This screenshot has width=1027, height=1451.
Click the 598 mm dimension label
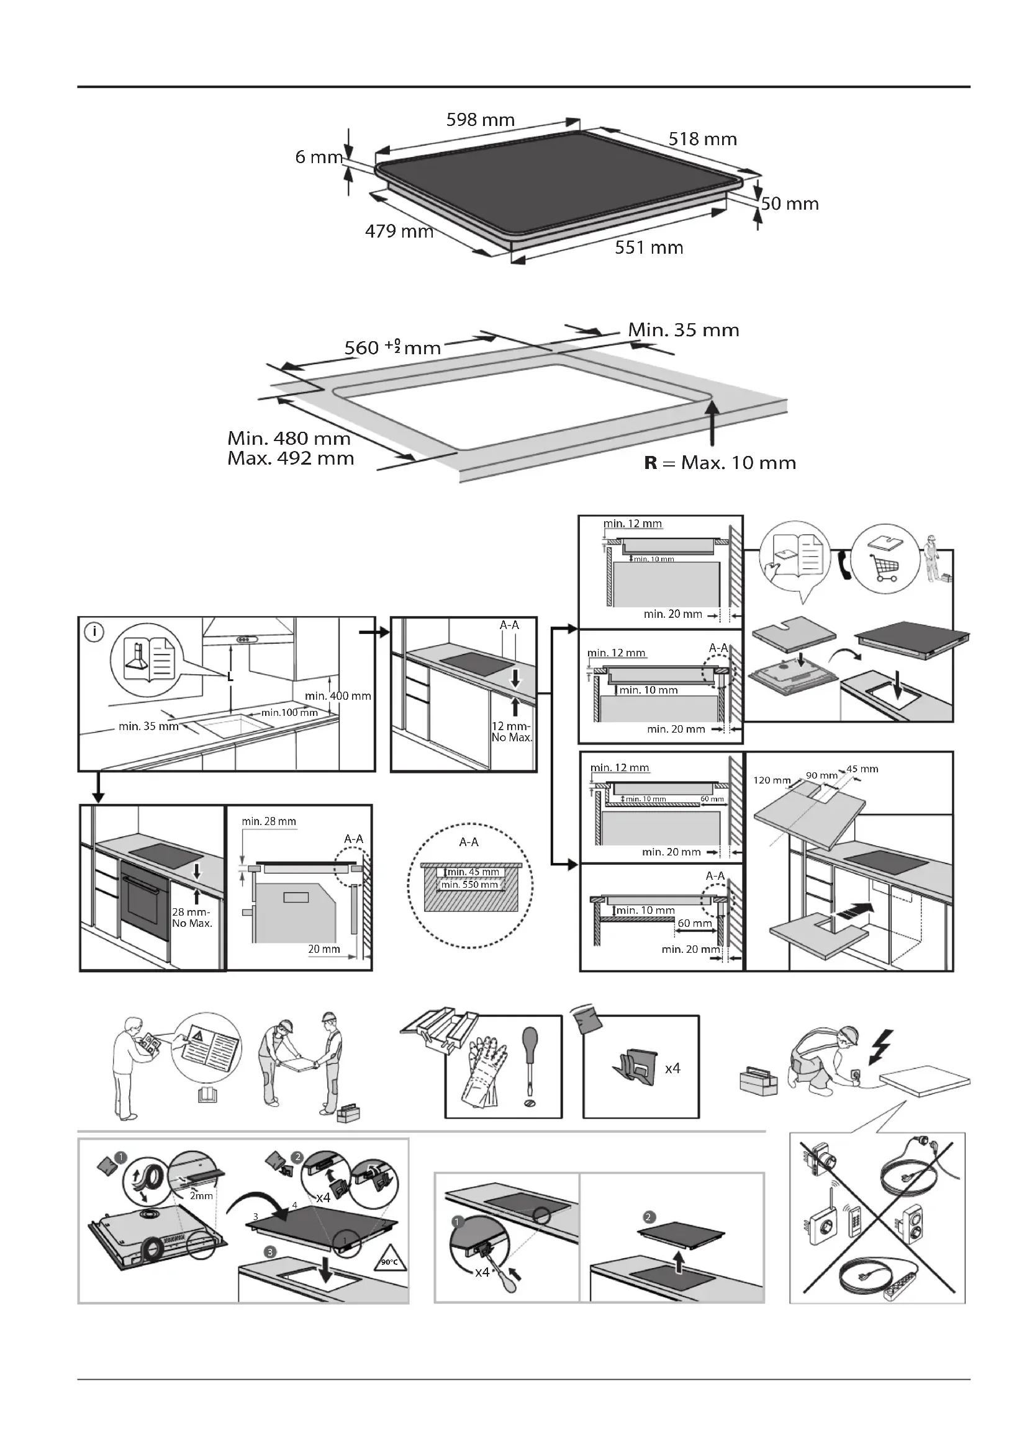coord(480,120)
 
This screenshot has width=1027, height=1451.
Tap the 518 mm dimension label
coord(702,139)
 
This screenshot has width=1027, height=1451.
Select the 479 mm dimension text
coord(399,231)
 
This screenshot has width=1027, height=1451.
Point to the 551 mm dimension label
coord(649,248)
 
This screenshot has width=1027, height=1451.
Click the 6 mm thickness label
coord(319,157)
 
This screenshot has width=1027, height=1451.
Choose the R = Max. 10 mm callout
coord(720,463)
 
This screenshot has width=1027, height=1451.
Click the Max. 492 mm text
coord(290,458)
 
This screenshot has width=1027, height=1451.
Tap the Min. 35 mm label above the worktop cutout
coord(683,330)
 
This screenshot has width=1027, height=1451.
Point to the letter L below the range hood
coord(230,677)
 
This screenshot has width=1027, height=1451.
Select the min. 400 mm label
coord(338,696)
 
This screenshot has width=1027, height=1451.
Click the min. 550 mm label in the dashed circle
coord(469,885)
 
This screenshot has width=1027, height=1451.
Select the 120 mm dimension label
coord(772,780)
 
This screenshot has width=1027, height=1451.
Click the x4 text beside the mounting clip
coord(672,1068)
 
